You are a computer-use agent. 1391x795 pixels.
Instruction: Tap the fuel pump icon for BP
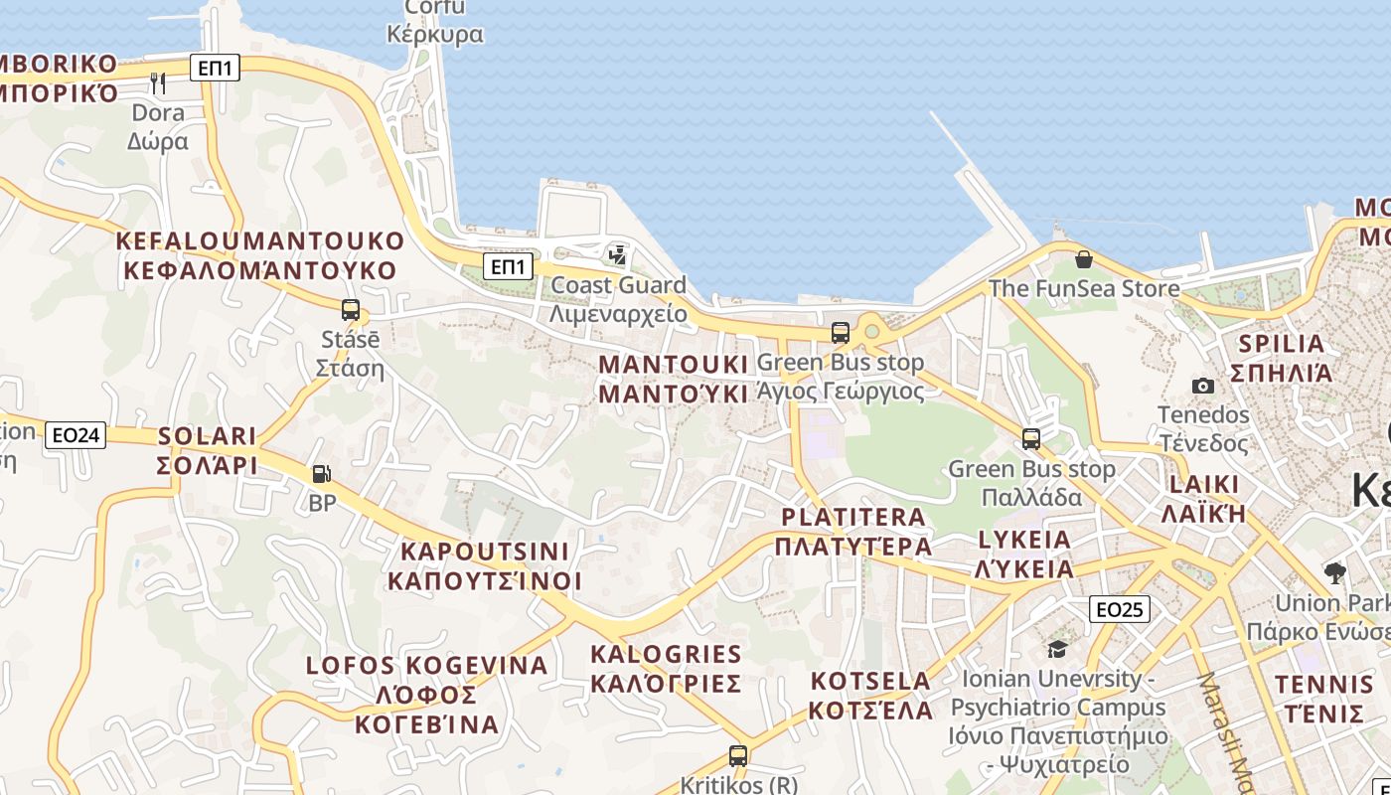tap(322, 475)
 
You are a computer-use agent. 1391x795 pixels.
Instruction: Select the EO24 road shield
tap(76, 434)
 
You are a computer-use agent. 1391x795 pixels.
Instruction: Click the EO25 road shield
tap(1120, 609)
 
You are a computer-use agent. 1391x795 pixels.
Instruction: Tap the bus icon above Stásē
tap(350, 310)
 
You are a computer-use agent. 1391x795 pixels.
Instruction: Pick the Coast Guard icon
tap(618, 255)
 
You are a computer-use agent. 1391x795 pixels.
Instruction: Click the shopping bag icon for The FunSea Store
tap(1084, 259)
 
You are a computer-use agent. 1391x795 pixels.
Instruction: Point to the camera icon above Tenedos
tap(1202, 386)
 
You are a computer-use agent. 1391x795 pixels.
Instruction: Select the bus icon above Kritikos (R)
tap(738, 756)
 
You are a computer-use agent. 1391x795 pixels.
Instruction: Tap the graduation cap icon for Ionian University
tap(1057, 650)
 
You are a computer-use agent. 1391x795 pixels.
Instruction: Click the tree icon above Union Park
tap(1335, 572)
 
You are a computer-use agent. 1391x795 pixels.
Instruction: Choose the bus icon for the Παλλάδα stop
tap(1031, 438)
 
